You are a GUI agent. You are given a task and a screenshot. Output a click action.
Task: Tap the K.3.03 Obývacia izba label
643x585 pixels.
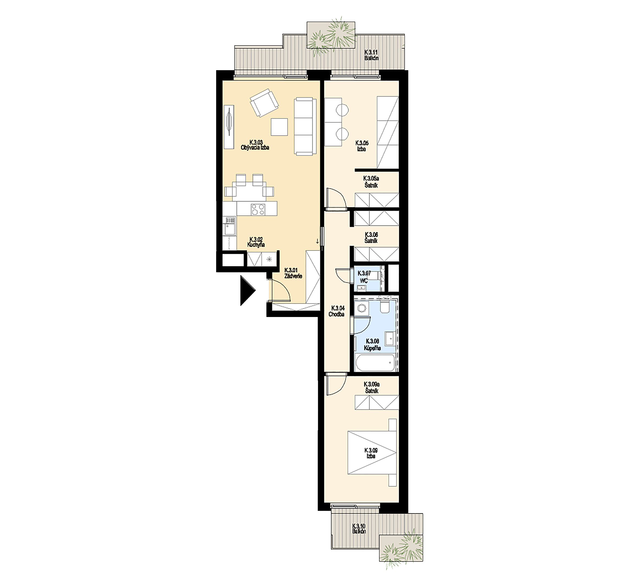[x=255, y=145]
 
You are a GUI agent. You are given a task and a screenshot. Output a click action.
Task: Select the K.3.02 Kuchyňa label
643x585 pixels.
[x=256, y=242]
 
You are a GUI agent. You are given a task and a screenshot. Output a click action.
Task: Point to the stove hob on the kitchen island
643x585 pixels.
[x=258, y=209]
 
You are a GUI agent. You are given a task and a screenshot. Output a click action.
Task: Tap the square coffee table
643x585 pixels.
[x=279, y=127]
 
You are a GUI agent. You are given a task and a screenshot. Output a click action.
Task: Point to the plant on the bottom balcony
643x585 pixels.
[x=401, y=552]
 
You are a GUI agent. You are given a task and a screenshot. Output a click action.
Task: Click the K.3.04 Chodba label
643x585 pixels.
[x=337, y=311]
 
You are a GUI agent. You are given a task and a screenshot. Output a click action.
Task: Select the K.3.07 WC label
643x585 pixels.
[x=364, y=277]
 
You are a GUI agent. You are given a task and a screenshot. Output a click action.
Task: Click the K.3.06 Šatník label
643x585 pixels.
[x=371, y=238]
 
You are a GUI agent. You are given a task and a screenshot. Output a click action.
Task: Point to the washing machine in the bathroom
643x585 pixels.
[x=362, y=308]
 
